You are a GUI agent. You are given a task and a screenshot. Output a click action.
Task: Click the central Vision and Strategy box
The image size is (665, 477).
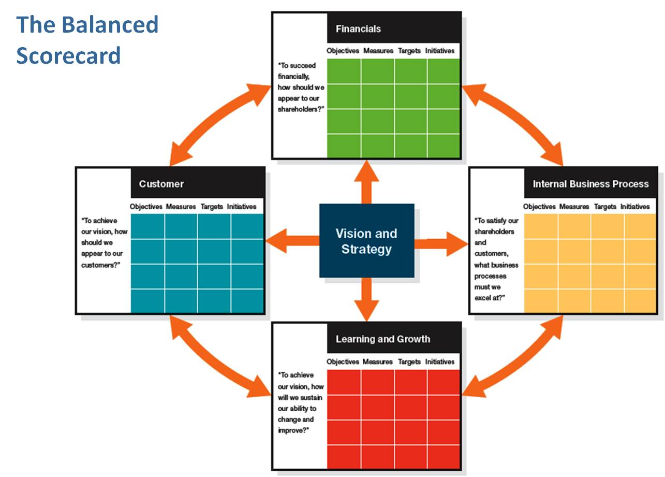click(366, 241)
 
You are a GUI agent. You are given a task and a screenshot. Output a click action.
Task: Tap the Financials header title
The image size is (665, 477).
click(358, 29)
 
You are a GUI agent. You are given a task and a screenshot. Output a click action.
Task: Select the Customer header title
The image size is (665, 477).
click(161, 184)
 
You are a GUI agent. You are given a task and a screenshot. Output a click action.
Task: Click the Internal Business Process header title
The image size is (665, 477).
click(590, 184)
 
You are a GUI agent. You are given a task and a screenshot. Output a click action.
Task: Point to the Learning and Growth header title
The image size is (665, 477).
click(382, 339)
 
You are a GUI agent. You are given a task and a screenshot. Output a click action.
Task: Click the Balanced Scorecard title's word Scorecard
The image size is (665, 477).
click(68, 55)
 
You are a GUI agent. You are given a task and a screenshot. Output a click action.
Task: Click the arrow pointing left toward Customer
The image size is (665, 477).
click(292, 241)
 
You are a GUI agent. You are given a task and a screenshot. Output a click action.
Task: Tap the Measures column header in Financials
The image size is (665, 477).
click(378, 51)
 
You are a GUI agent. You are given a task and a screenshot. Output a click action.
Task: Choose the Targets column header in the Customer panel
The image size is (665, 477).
click(212, 207)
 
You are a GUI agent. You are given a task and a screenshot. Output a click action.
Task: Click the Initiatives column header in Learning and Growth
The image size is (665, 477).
click(440, 362)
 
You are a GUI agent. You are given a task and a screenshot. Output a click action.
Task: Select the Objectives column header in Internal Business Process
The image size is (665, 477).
click(539, 207)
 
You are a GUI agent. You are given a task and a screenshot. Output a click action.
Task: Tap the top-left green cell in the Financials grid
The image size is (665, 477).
click(344, 71)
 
